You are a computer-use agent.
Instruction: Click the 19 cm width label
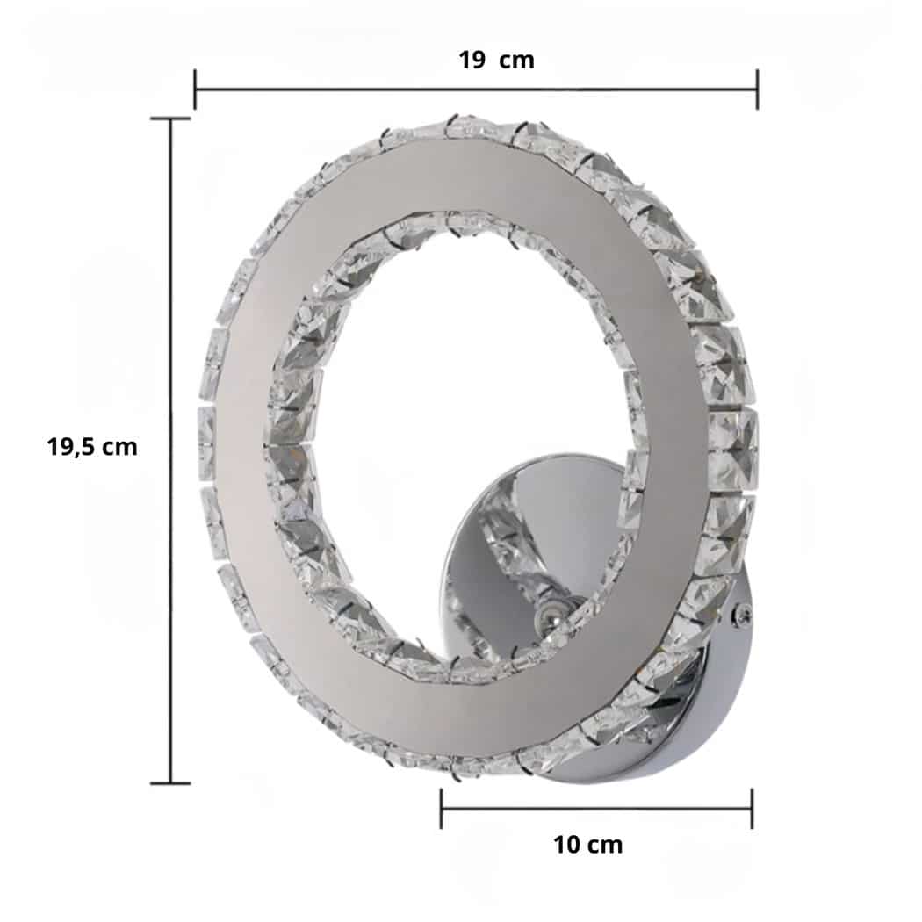click(x=496, y=61)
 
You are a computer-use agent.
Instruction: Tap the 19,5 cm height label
click(x=92, y=446)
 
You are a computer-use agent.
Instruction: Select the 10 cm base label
click(x=587, y=845)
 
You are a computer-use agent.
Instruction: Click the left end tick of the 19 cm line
click(x=195, y=90)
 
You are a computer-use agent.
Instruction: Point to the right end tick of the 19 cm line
click(x=757, y=90)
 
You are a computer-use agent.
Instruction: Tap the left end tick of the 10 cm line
click(x=441, y=808)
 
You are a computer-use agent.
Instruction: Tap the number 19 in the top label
click(x=472, y=61)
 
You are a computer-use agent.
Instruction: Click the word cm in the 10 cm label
click(x=604, y=845)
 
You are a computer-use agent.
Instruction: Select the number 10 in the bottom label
click(x=566, y=845)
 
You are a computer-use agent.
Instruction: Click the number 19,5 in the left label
click(x=73, y=446)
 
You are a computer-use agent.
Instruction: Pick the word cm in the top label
click(x=516, y=61)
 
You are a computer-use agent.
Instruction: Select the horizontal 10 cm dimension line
click(x=597, y=808)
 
